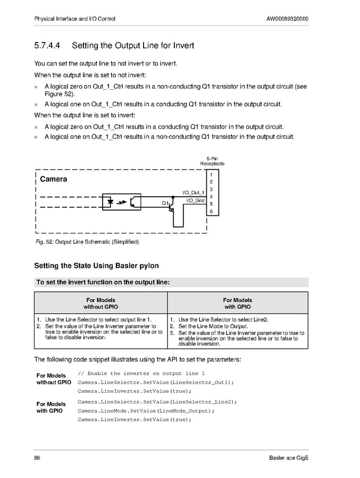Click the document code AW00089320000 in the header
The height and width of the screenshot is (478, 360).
tap(287, 19)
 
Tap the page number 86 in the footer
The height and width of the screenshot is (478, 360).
tap(37, 458)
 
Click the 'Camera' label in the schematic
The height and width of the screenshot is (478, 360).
tap(54, 179)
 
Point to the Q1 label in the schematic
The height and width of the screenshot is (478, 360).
tap(165, 203)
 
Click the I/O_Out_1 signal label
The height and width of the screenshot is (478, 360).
tap(193, 192)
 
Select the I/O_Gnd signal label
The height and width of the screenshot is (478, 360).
tap(195, 200)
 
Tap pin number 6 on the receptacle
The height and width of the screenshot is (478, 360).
tap(211, 212)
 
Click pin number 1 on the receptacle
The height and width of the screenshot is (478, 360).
tap(211, 174)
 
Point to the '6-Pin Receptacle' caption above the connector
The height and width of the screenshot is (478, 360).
tap(212, 161)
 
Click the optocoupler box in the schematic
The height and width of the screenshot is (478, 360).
tap(122, 203)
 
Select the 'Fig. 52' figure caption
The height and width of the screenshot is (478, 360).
tap(87, 242)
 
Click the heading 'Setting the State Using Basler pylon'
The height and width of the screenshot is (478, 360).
tap(96, 266)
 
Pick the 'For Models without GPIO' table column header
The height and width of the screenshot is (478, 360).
tap(101, 304)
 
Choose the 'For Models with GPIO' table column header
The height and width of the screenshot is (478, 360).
tap(237, 304)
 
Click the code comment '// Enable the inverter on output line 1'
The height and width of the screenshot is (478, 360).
tap(141, 373)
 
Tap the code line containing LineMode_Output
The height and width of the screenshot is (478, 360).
tap(146, 410)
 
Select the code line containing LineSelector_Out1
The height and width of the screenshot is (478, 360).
tap(155, 382)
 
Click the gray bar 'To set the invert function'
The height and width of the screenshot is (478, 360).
tap(171, 282)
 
